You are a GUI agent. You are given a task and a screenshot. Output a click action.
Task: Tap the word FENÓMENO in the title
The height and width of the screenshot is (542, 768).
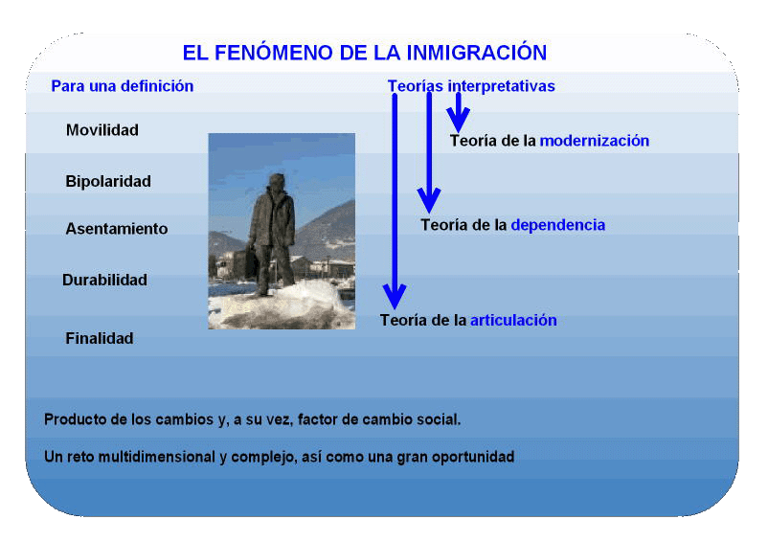[274, 53]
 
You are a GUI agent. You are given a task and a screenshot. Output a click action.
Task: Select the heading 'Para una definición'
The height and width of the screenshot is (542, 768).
[123, 86]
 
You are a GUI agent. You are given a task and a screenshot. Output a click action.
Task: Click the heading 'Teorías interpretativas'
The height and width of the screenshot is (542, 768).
[471, 86]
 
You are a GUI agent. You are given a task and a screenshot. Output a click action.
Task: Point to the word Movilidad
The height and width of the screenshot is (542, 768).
[102, 130]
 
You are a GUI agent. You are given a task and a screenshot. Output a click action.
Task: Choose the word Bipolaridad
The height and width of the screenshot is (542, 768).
[108, 182]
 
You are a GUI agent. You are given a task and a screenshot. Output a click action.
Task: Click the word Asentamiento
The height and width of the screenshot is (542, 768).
[117, 229]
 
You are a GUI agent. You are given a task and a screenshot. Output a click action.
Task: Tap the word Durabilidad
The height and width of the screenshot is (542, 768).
[104, 280]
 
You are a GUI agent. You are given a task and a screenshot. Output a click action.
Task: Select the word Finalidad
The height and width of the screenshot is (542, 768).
[100, 338]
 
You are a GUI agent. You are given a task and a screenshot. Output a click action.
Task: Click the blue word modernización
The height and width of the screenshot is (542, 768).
[595, 141]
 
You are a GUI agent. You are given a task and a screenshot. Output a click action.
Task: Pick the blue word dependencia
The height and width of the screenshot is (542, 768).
[558, 225]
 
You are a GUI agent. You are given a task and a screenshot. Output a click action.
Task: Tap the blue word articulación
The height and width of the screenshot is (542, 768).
[513, 320]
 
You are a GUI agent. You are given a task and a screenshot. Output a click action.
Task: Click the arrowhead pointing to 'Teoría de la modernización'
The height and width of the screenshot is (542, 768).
[458, 120]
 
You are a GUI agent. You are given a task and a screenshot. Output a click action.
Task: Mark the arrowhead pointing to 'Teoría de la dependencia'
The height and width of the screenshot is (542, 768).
[429, 201]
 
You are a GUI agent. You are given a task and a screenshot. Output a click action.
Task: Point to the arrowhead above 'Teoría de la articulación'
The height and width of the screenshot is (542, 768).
[395, 296]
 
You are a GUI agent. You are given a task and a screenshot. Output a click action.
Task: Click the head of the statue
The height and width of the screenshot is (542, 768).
[277, 180]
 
